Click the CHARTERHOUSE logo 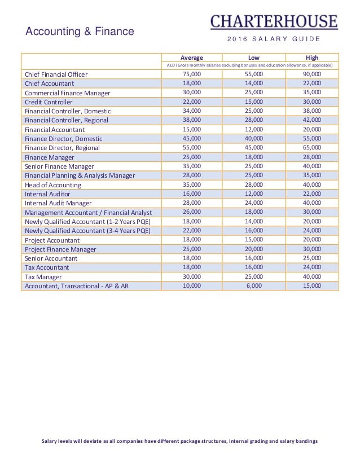274,21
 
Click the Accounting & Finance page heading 80,32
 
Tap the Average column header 191,57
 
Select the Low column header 254,57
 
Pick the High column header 311,57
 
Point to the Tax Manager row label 44,277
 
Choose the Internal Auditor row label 47,194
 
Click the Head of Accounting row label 53,184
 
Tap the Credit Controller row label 49,102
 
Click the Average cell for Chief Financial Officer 191,74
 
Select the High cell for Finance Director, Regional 311,147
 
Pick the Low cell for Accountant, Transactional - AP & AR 254,285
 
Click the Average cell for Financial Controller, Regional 191,120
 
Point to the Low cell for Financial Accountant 254,129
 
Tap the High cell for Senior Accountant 311,258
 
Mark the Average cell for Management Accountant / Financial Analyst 191,212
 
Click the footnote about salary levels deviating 180,441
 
